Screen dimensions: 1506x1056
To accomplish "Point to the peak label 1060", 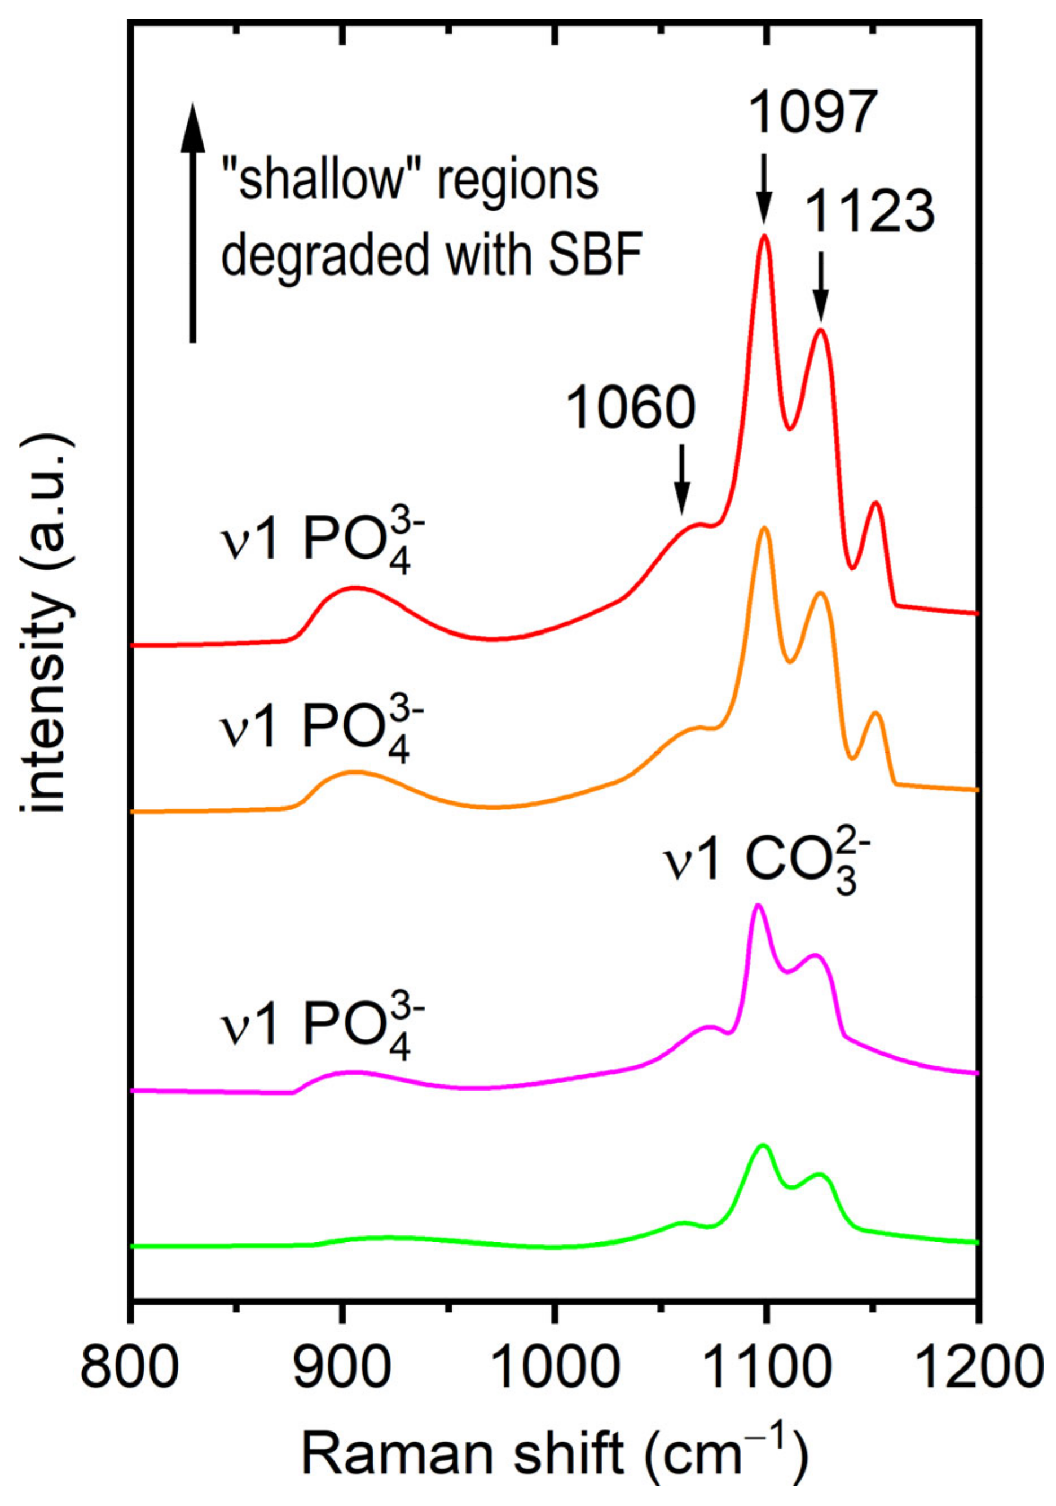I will [x=630, y=408].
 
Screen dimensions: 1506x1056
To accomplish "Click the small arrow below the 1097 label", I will [x=763, y=190].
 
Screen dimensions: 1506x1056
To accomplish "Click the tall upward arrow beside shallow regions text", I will [x=192, y=223].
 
